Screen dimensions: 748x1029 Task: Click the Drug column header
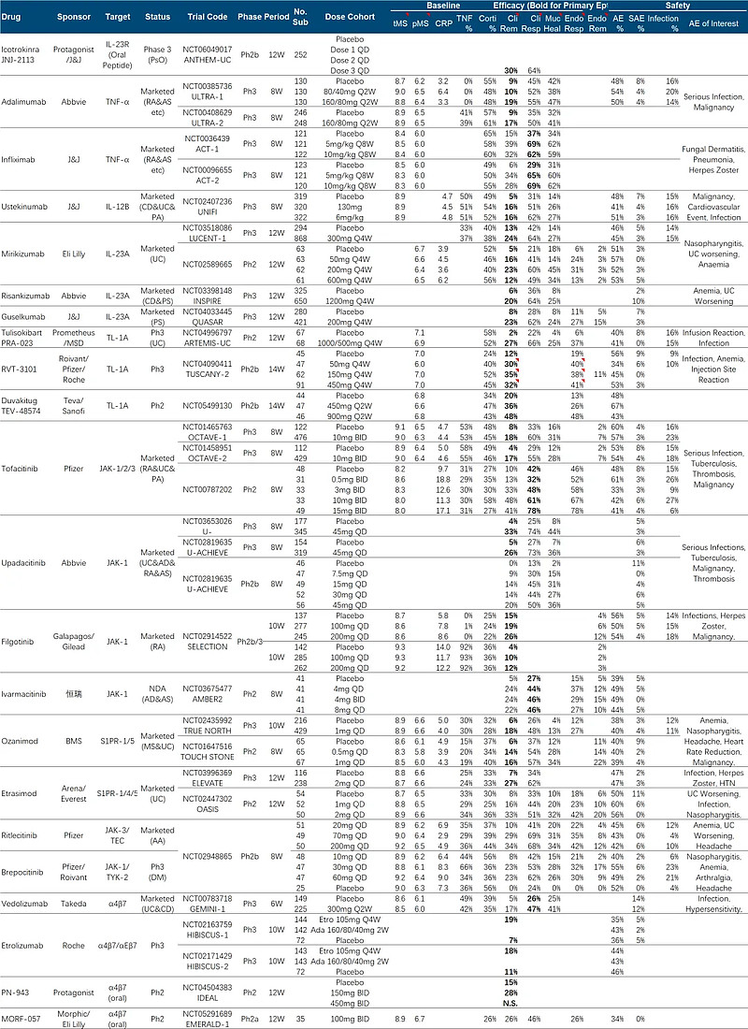pyautogui.click(x=13, y=18)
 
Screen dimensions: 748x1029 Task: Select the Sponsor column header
pyautogui.click(x=74, y=18)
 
